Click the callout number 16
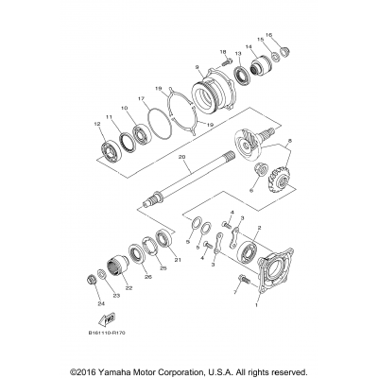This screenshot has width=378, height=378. tap(269, 34)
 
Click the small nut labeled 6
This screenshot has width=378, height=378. tap(258, 171)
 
